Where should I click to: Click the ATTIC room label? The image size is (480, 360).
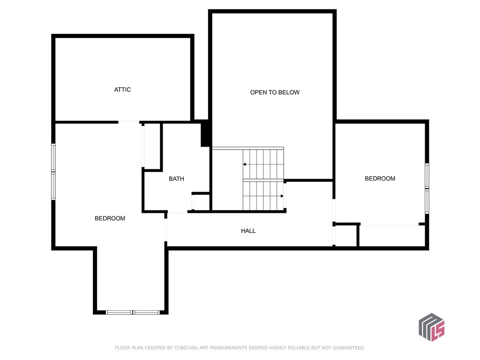[x=122, y=90]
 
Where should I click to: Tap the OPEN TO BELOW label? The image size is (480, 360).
[x=274, y=92]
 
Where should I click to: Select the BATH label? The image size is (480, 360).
[x=176, y=179]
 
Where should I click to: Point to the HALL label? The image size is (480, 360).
[x=248, y=231]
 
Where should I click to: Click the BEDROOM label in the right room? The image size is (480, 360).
[x=380, y=179]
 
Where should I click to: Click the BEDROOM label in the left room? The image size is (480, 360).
[x=110, y=218]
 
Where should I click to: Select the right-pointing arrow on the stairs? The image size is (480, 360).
[x=282, y=196]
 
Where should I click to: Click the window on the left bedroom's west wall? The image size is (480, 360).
[x=53, y=172]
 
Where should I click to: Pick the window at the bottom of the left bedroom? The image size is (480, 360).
[x=133, y=312]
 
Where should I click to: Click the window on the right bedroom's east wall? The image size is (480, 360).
[x=427, y=188]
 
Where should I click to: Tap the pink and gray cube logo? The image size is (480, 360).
[x=431, y=327]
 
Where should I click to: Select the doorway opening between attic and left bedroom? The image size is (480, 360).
[x=129, y=122]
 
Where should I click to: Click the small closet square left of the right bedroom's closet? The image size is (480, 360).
[x=346, y=235]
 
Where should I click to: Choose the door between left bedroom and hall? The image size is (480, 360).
[x=166, y=230]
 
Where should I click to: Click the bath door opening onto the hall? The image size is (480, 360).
[x=177, y=213]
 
